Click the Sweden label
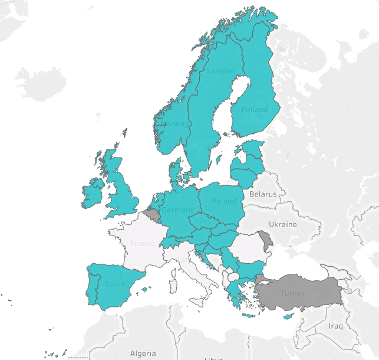pyautogui.click(x=220, y=71)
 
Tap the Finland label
pyautogui.click(x=255, y=109)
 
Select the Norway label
pyautogui.click(x=176, y=124)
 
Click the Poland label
pyautogui.click(x=223, y=201)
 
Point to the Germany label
pyautogui.click(x=177, y=210)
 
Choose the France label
pyautogui.click(x=143, y=243)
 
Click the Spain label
pyautogui.click(x=114, y=284)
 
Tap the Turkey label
pyautogui.click(x=292, y=293)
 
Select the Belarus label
pyautogui.click(x=262, y=194)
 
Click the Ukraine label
pyautogui.click(x=283, y=224)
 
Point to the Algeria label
pyautogui.click(x=143, y=354)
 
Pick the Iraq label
pyautogui.click(x=335, y=326)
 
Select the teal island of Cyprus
pyautogui.click(x=288, y=316)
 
